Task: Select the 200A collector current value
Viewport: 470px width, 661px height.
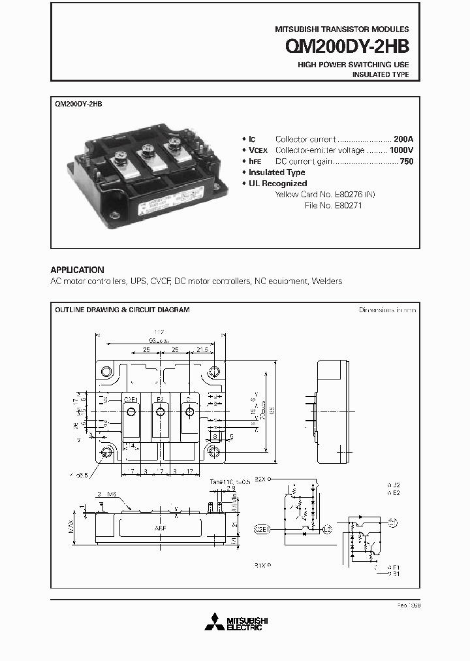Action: tap(403, 139)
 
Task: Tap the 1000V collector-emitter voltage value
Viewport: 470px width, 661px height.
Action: tap(400, 150)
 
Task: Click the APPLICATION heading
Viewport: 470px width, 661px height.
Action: tap(77, 270)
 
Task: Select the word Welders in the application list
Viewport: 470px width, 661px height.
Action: tap(327, 282)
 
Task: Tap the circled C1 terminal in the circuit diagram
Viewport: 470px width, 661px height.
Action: tap(392, 522)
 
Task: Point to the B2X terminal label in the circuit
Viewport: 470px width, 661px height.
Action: tap(260, 479)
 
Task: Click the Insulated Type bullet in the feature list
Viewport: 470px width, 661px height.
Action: tap(277, 172)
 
